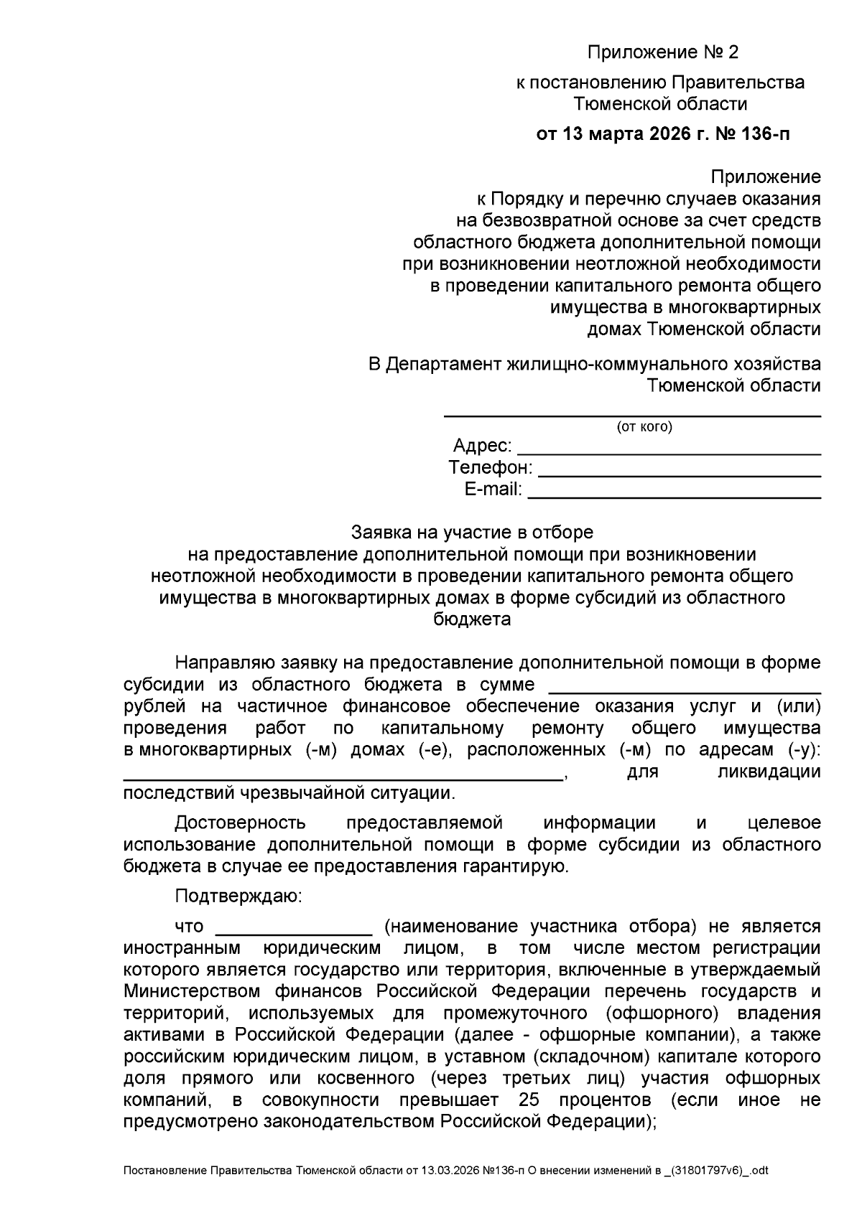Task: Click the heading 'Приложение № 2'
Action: click(662, 52)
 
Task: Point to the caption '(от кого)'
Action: click(644, 428)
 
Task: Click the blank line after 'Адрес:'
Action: click(669, 452)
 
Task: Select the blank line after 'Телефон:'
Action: click(679, 474)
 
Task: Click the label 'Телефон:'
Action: click(491, 468)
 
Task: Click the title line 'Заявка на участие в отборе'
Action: click(472, 533)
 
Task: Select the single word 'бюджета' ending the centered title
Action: click(472, 619)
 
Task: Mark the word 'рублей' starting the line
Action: click(152, 706)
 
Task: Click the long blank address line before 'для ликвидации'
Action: click(343, 777)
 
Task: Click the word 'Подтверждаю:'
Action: click(239, 896)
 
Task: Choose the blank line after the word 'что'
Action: click(293, 932)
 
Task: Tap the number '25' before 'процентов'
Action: click(528, 1100)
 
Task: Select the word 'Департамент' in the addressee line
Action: click(443, 364)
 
